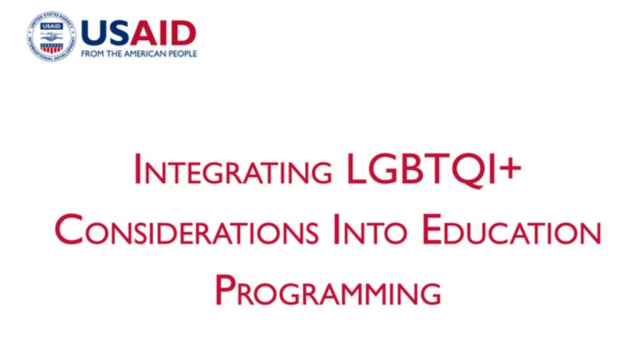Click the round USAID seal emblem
click(x=51, y=37)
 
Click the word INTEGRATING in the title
click(x=233, y=169)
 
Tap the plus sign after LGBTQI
click(x=509, y=168)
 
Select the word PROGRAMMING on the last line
click(x=328, y=290)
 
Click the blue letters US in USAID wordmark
click(x=105, y=34)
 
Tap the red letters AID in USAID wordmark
click(x=163, y=34)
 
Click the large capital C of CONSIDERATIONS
click(x=69, y=230)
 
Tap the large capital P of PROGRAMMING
click(x=224, y=290)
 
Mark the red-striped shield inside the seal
click(x=51, y=47)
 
